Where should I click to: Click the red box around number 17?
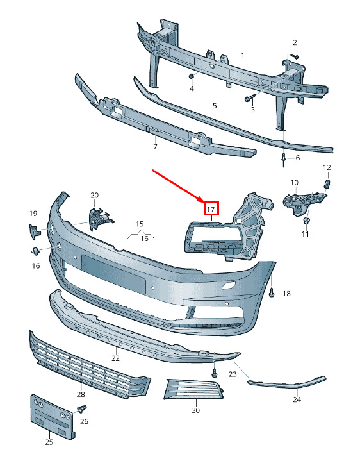[x=212, y=208]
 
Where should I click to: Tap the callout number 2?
[x=295, y=42]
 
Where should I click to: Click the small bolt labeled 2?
[x=295, y=56]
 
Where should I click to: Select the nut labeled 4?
[x=191, y=76]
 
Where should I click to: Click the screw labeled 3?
[x=249, y=99]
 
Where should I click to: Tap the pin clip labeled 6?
[x=283, y=160]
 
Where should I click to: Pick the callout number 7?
[x=155, y=146]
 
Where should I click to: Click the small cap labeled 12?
[x=327, y=183]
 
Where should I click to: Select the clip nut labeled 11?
[x=306, y=221]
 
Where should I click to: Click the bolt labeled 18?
[x=272, y=293]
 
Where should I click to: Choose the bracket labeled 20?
[x=100, y=218]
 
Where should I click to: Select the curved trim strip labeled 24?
[x=286, y=382]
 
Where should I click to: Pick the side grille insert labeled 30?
[x=194, y=389]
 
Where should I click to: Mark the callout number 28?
[x=81, y=394]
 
